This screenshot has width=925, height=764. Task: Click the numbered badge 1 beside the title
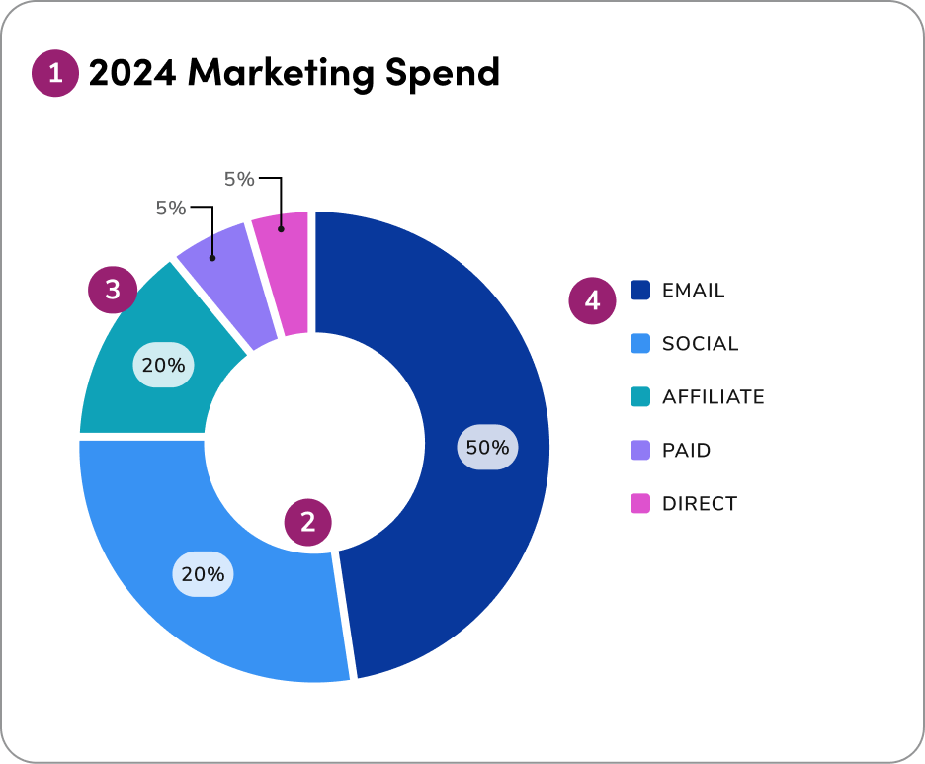[x=54, y=73]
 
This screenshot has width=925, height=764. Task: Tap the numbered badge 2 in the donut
[x=308, y=522]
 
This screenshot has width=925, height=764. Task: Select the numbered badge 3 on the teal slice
[x=112, y=290]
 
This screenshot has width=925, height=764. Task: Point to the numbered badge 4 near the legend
[x=592, y=300]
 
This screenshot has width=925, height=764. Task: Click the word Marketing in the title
[x=283, y=73]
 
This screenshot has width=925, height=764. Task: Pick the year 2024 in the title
[x=131, y=73]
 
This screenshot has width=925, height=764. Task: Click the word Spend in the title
[x=442, y=73]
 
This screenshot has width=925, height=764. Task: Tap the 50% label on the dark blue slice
[x=487, y=447]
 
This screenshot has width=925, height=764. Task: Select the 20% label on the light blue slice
[x=203, y=573]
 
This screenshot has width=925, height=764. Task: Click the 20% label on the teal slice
[x=163, y=365]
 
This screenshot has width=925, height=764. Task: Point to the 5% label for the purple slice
[x=170, y=208]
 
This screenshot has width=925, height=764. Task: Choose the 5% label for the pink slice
[x=239, y=179]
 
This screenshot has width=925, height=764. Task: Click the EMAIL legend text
[x=693, y=291]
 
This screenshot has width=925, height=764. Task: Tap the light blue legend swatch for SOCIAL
[x=640, y=344]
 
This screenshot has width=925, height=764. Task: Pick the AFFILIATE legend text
[x=713, y=397]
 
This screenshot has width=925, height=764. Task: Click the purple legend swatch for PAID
[x=640, y=451]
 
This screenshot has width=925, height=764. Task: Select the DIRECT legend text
[x=699, y=504]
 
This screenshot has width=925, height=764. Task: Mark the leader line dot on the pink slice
[x=282, y=228]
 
